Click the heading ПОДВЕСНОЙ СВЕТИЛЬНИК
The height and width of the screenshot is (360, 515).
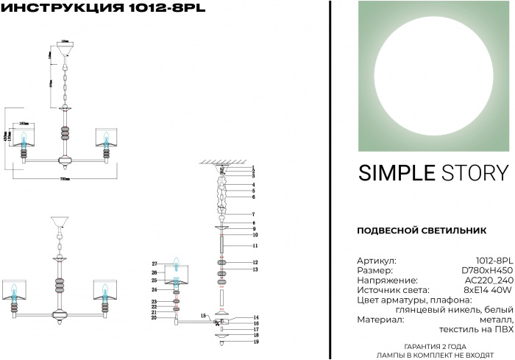pyautogui.click(x=421, y=230)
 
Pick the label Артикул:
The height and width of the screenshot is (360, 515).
pyautogui.click(x=377, y=261)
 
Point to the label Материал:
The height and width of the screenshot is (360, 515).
pyautogui.click(x=380, y=320)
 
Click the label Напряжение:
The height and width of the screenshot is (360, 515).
pyautogui.click(x=387, y=280)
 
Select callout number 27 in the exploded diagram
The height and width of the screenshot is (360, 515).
pyautogui.click(x=155, y=264)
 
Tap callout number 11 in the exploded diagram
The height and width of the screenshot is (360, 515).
pyautogui.click(x=255, y=245)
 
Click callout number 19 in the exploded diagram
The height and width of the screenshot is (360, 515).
pyautogui.click(x=255, y=342)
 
